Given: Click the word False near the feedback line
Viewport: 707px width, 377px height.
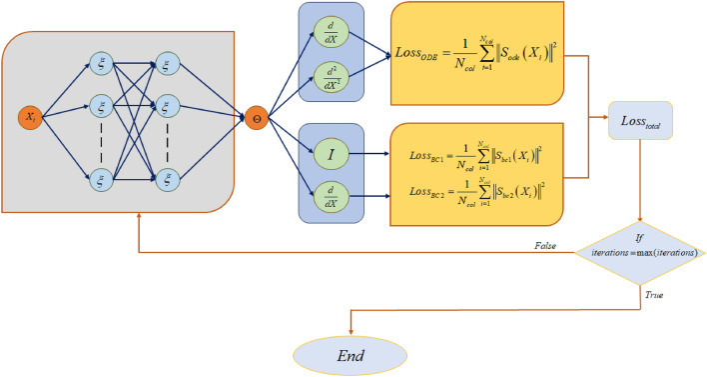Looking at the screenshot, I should [545, 242].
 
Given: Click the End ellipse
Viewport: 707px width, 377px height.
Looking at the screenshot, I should [351, 355].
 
